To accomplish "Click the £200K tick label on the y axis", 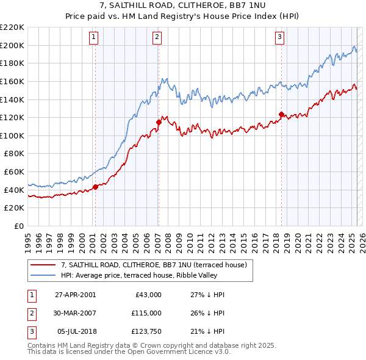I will [12, 45].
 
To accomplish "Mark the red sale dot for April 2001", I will [95, 187].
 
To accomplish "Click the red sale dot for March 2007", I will [159, 122].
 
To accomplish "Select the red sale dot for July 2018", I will [281, 114].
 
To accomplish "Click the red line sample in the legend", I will [44, 265].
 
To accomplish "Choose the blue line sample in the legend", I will [44, 275].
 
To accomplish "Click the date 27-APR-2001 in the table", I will [75, 294].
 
